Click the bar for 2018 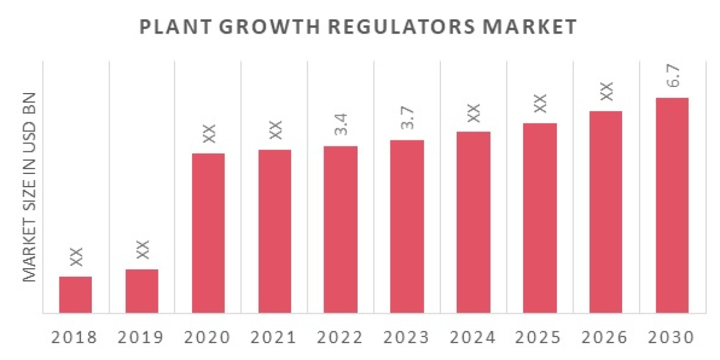76,295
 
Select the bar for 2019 142,291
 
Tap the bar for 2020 208,233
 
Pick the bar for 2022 341,229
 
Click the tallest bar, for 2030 672,205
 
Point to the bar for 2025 540,218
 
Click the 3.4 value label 341,122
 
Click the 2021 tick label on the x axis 274,337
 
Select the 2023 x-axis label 407,337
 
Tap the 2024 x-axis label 473,337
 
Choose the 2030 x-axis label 672,337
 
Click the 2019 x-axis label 142,337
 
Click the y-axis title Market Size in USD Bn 29,187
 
